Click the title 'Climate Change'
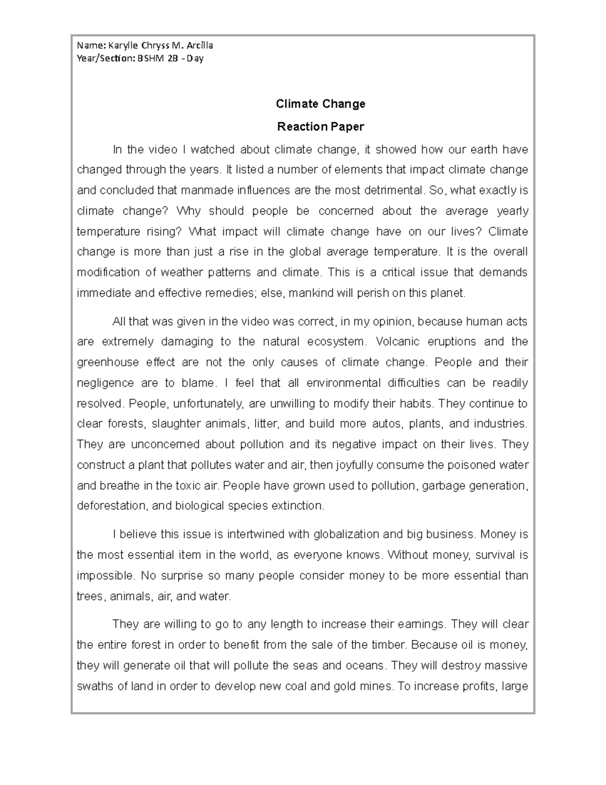(320, 104)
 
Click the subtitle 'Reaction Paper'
(320, 126)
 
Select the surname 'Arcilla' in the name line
(200, 45)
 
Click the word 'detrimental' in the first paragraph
(394, 191)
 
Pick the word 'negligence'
(105, 383)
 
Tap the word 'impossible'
(105, 576)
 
